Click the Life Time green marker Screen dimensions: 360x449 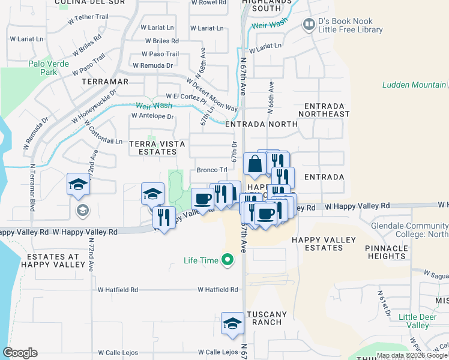227,260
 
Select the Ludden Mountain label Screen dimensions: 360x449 415,85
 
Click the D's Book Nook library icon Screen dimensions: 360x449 309,25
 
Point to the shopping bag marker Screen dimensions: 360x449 255,164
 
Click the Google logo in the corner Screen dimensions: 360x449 20,353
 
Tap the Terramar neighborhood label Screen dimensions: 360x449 105,81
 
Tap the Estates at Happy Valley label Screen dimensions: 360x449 53,260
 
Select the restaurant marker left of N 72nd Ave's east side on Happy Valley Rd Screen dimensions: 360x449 163,217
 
